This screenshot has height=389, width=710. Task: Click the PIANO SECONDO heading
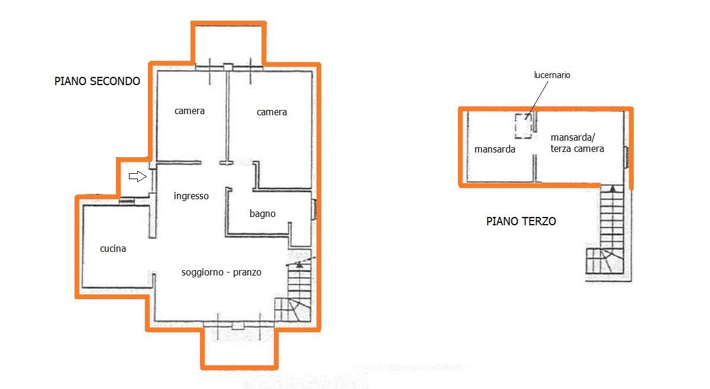tap(97, 81)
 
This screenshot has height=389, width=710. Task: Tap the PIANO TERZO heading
tap(521, 221)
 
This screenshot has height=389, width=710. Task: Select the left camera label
tap(189, 111)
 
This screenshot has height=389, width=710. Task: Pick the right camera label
tap(272, 112)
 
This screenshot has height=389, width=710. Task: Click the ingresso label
tap(191, 196)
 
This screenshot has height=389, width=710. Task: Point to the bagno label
tap(263, 214)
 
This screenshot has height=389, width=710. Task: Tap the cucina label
tap(113, 249)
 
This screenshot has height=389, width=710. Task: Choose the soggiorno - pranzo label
tap(221, 273)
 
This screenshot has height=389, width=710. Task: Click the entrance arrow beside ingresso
tap(137, 176)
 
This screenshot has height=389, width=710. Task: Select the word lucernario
tap(552, 75)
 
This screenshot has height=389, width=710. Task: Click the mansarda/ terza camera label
tap(577, 143)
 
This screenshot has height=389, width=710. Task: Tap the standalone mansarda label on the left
tap(495, 149)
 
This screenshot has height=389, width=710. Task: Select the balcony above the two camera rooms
tap(228, 44)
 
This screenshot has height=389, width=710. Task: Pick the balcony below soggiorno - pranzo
tap(239, 348)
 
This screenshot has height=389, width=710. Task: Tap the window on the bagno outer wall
tap(314, 209)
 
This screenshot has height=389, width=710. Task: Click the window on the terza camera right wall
tap(627, 157)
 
